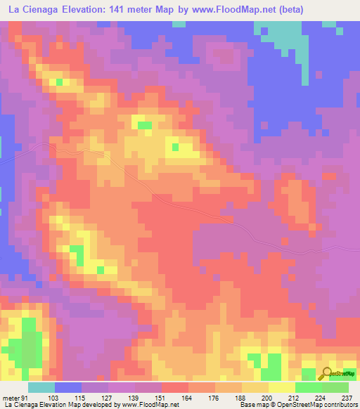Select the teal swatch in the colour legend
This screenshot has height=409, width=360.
(x=42, y=387)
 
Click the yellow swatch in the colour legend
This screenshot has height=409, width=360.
(x=281, y=387)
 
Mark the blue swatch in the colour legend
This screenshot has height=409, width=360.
(x=69, y=387)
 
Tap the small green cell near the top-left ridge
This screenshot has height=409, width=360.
(x=59, y=82)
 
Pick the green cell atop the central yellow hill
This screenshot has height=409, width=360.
(x=144, y=125)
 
